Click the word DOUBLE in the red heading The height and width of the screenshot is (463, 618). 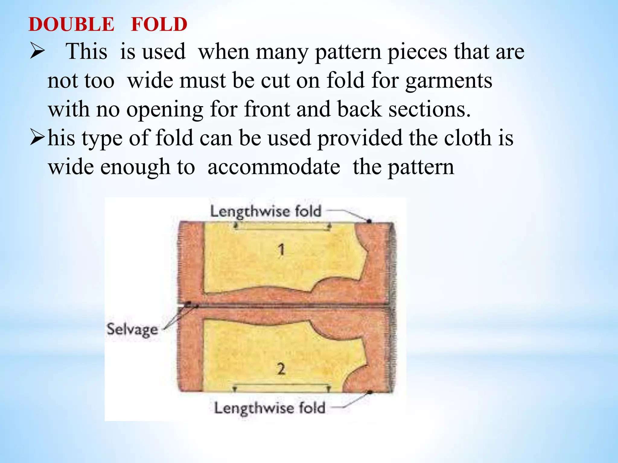(72, 25)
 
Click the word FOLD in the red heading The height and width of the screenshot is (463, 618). (159, 25)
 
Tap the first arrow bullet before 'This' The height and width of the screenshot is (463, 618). (37, 52)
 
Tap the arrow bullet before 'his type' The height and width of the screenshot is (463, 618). (37, 138)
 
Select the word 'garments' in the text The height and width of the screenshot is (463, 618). (449, 81)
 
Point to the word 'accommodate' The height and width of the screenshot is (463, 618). (274, 167)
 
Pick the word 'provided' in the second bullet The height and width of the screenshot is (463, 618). (360, 138)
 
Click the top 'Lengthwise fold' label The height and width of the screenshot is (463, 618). (266, 211)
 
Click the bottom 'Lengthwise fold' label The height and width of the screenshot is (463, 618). (269, 408)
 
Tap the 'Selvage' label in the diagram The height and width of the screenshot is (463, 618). (132, 329)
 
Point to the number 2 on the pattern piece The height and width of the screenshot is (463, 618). (281, 369)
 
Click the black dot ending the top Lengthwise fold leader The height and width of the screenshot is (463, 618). (369, 221)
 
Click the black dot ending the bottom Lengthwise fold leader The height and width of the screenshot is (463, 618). (369, 392)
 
